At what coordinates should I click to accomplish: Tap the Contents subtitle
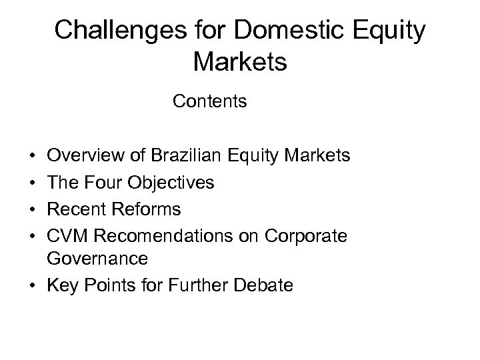pyautogui.click(x=209, y=102)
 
